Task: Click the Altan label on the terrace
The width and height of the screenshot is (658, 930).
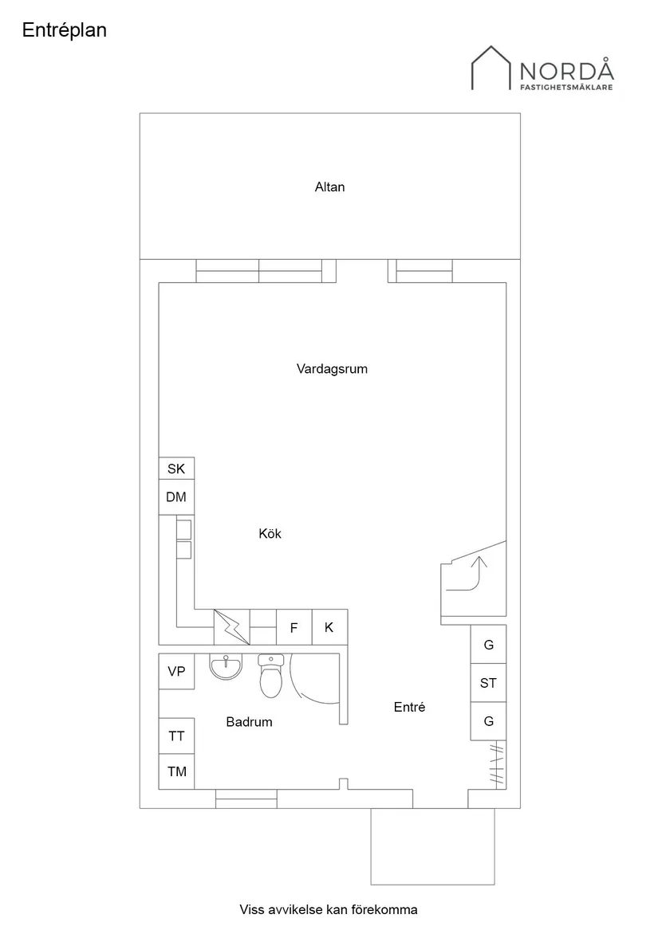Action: coord(329,187)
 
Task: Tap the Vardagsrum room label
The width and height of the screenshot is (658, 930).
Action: coord(332,369)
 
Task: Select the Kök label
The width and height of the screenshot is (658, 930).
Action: coord(270,533)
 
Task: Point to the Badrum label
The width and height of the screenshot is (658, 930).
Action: coord(249,722)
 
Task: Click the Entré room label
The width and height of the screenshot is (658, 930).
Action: coord(409,707)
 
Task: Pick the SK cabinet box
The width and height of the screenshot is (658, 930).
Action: coord(176,469)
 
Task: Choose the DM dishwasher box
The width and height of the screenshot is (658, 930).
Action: coord(176,497)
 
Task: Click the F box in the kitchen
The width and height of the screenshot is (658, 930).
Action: coord(294,628)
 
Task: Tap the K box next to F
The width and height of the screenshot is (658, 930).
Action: coord(329,628)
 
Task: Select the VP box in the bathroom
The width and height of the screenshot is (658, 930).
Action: coord(176,672)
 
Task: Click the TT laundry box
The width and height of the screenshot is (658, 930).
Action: coord(176,736)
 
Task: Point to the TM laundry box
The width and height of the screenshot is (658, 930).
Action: coord(176,771)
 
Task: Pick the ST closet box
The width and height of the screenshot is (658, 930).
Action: coord(488,683)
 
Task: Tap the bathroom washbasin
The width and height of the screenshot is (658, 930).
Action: coord(226,666)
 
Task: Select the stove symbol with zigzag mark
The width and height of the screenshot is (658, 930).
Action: coord(232,627)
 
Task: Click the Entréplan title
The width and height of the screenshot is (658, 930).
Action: coord(65,30)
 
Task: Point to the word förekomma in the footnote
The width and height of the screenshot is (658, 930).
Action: coord(384,909)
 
